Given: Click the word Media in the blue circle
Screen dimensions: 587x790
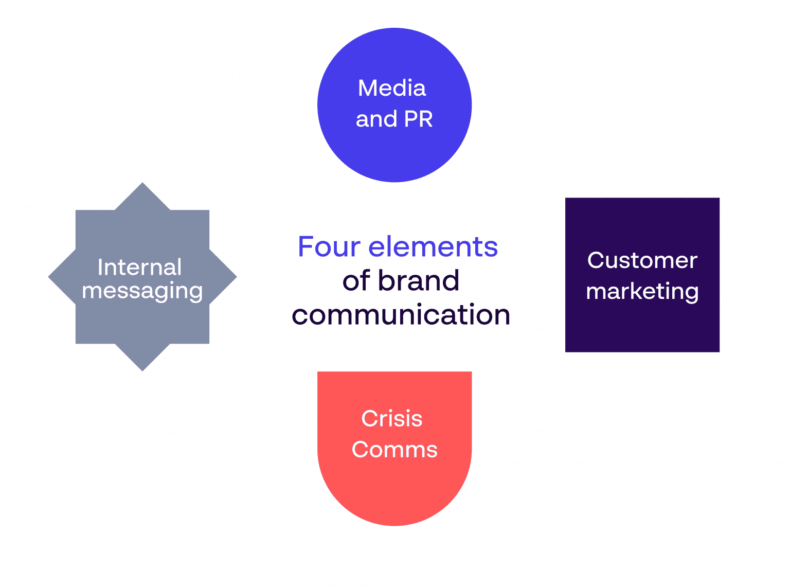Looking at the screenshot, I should tap(392, 88).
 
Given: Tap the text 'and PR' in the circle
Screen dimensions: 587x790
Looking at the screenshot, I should tap(394, 119).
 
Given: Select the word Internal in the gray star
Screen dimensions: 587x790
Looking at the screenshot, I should tap(139, 267).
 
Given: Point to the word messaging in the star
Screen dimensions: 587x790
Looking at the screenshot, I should tap(142, 291).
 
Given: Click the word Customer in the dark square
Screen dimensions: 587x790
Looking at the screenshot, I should tap(642, 260).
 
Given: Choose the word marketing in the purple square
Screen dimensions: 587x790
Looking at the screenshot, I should tap(642, 292).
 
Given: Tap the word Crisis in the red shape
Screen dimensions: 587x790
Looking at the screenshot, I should tap(392, 418).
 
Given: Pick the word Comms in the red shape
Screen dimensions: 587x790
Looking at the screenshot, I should tap(394, 450).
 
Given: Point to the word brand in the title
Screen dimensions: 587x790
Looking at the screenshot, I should tap(419, 281).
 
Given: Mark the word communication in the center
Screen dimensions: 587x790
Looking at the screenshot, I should tap(401, 315).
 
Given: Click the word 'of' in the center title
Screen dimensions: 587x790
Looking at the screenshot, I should tap(356, 281).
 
